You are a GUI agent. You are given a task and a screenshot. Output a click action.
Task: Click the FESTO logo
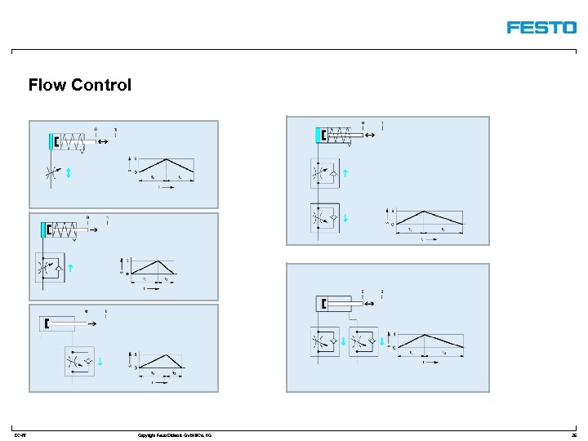tap(541, 27)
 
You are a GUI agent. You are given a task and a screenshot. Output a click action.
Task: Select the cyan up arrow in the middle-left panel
tap(71, 267)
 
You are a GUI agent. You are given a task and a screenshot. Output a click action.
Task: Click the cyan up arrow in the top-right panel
tap(346, 173)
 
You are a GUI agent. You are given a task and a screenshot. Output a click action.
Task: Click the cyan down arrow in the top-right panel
tap(346, 217)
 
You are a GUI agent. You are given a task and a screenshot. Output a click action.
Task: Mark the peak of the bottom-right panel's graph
tap(424, 334)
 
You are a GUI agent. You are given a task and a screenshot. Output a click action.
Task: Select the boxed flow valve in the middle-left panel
tap(50, 267)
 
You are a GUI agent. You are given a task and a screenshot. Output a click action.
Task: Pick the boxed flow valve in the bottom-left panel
tap(78, 360)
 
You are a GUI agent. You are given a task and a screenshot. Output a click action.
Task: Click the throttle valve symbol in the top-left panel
tap(51, 173)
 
